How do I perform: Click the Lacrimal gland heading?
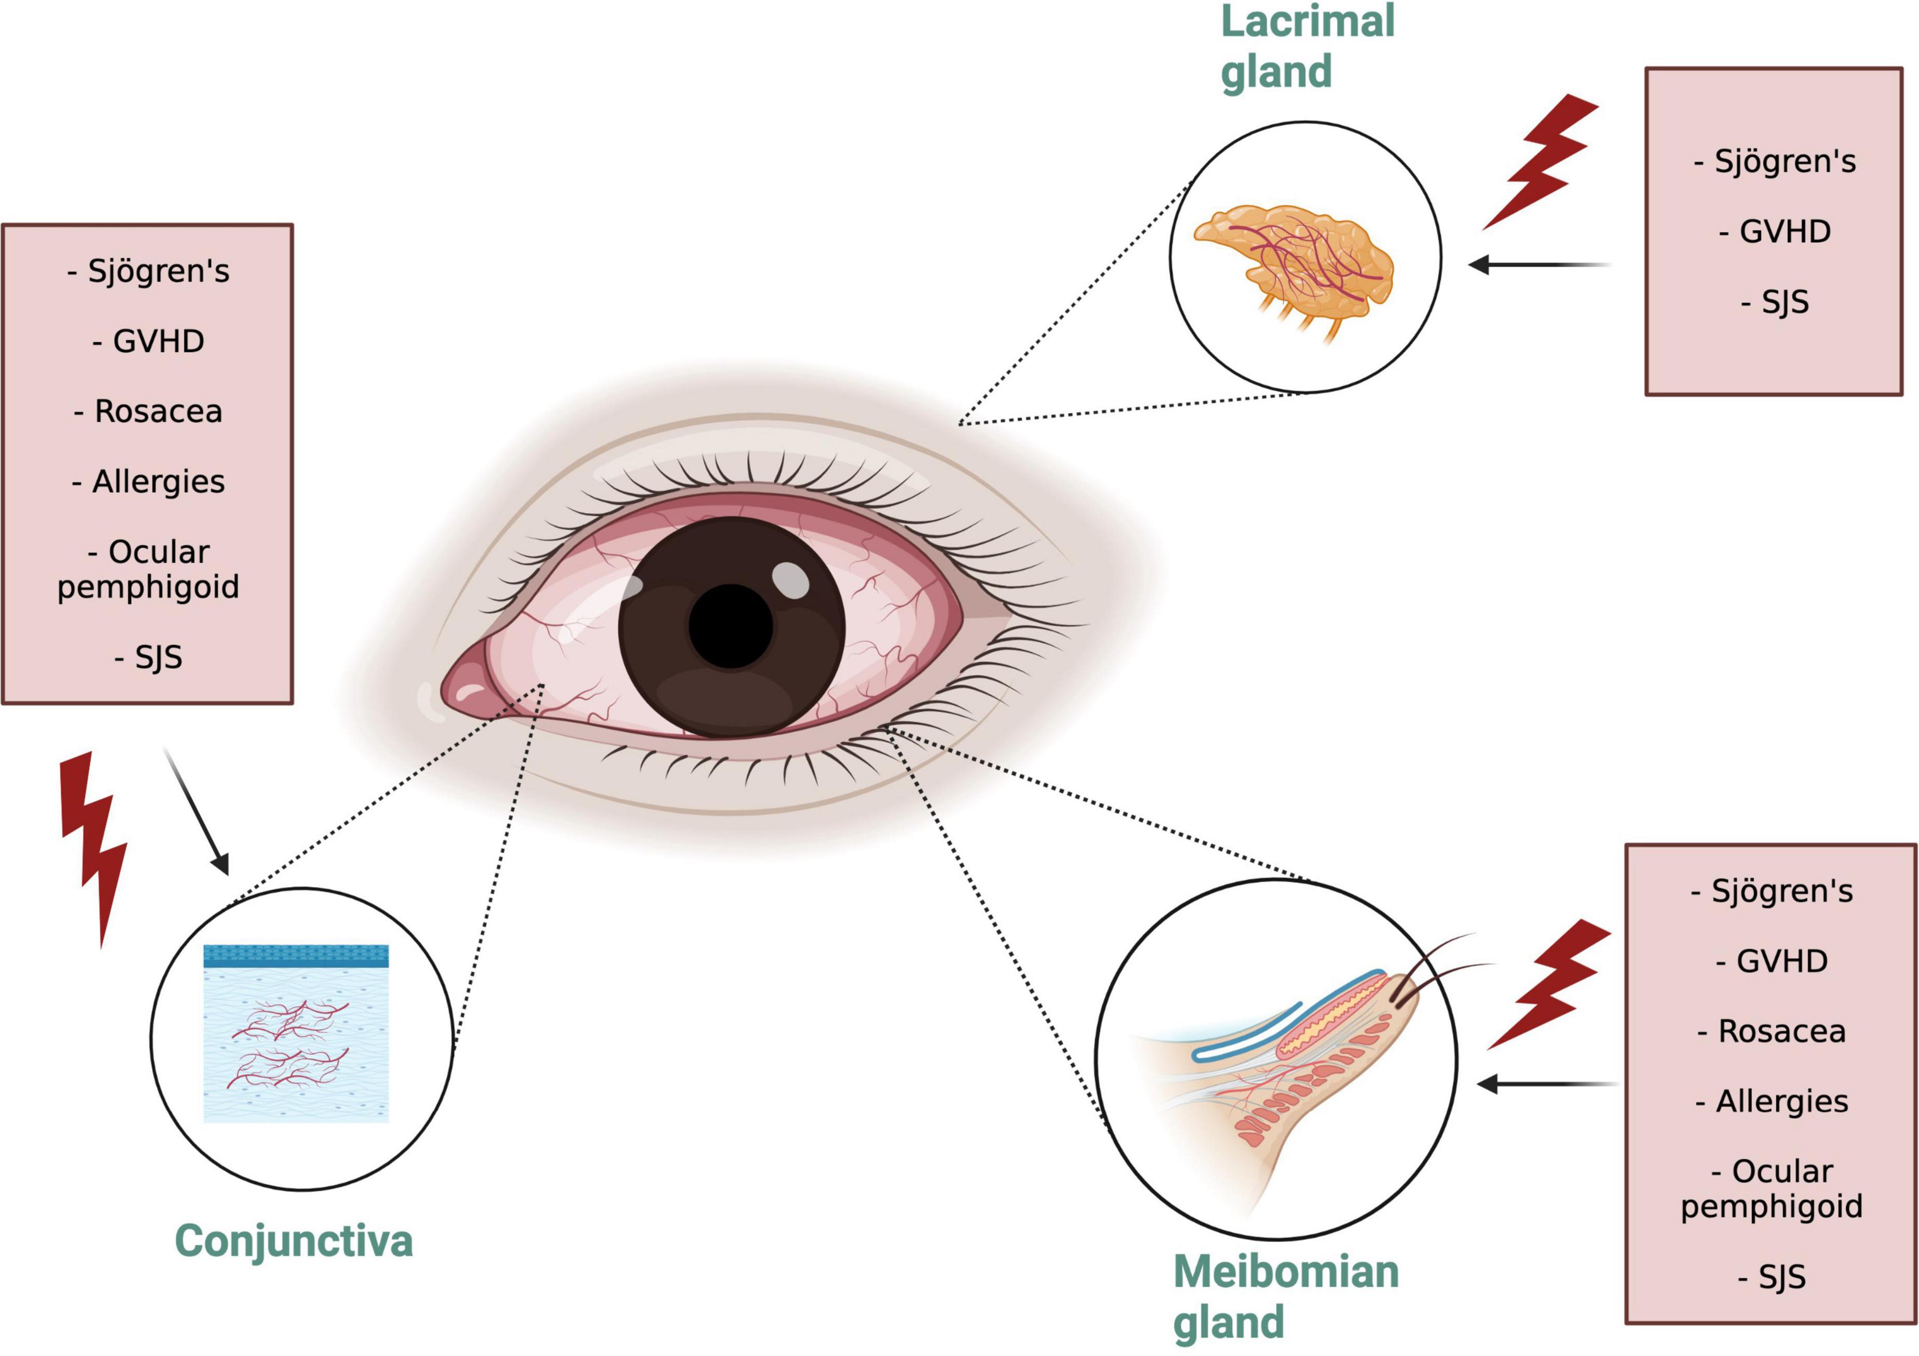click(1306, 46)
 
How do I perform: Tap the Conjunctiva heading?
click(293, 1241)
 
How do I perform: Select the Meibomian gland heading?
click(1286, 1296)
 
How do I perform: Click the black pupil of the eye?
click(730, 626)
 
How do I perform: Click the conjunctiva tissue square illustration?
click(296, 1037)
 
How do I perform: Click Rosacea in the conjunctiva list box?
click(148, 411)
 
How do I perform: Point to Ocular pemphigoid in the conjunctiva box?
click(148, 570)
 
